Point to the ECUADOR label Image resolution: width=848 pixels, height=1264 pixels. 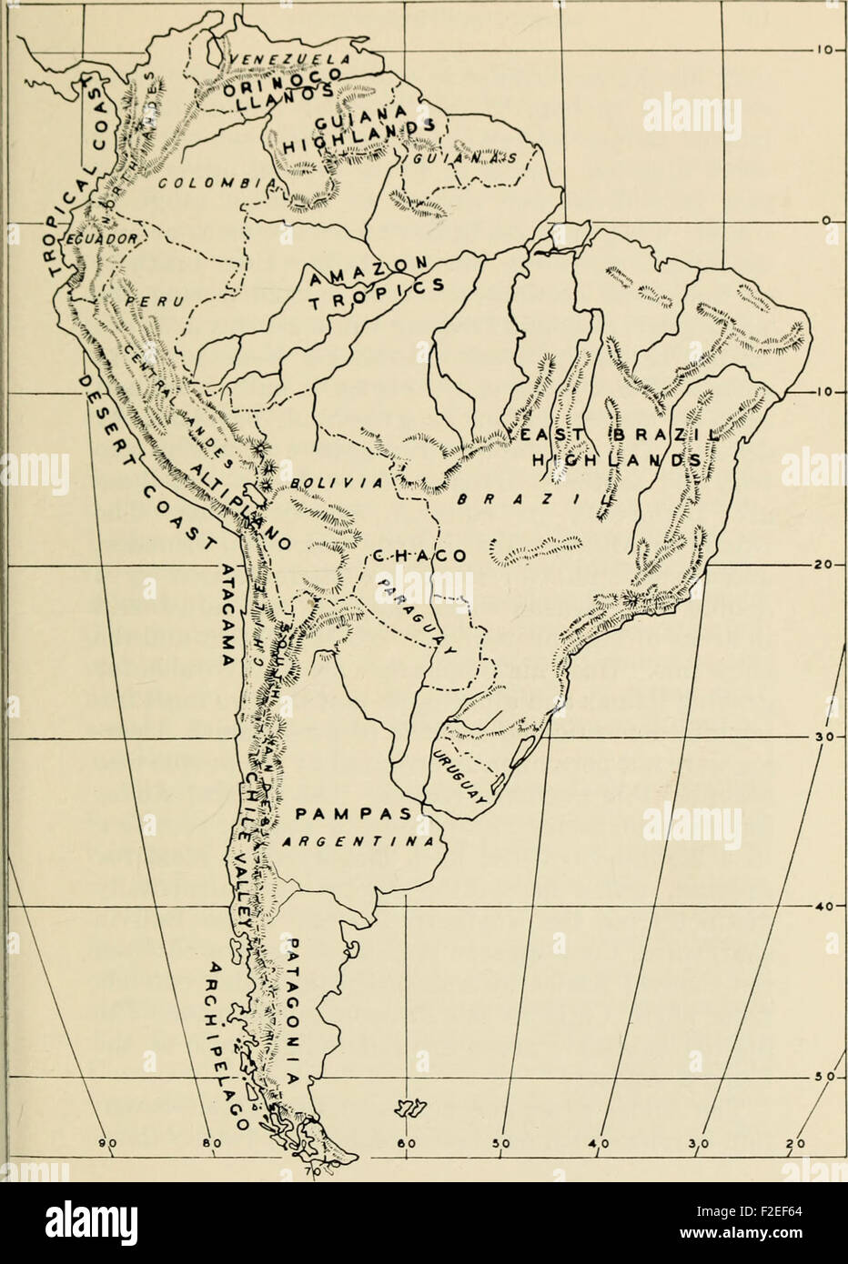101,238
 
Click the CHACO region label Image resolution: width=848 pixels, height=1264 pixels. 419,556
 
